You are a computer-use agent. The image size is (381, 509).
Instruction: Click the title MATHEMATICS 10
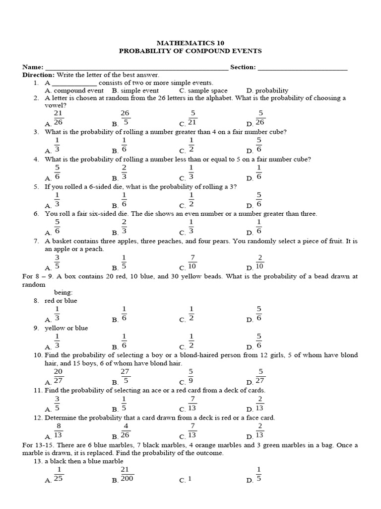click(x=190, y=43)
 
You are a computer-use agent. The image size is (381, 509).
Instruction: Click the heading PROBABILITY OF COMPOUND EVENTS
click(x=190, y=51)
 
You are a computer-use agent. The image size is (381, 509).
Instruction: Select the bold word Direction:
click(x=38, y=75)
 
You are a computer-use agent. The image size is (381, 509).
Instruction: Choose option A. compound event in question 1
click(x=74, y=90)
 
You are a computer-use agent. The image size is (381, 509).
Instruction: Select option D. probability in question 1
click(x=267, y=90)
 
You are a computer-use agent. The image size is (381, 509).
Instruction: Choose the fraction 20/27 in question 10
click(x=58, y=377)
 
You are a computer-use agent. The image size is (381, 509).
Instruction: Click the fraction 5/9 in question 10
click(x=191, y=377)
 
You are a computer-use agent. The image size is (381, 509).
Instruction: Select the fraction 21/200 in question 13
click(x=126, y=475)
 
